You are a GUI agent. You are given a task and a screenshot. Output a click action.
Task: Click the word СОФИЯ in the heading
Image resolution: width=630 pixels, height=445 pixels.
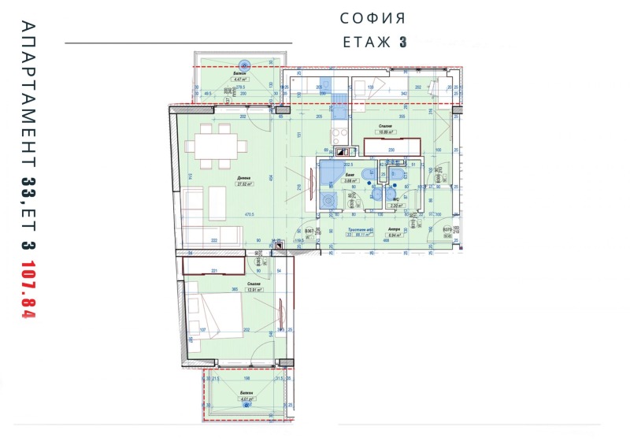(372, 17)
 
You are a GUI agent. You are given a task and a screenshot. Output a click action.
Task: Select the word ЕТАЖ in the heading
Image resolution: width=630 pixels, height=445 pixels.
(367, 43)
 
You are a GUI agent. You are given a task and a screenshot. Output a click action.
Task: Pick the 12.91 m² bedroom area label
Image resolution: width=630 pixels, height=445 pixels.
(252, 289)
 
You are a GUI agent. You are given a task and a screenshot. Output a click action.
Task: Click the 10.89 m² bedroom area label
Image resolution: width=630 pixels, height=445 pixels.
(386, 132)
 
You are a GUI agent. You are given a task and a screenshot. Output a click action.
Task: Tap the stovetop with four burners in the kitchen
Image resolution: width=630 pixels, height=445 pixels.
(341, 154)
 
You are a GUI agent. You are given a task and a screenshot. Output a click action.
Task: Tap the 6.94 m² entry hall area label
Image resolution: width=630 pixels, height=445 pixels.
(395, 235)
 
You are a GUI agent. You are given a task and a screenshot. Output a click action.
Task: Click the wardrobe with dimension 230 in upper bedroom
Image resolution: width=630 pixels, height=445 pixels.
(392, 147)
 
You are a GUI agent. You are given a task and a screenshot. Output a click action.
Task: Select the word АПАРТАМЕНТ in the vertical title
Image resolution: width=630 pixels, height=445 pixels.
(28, 95)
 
